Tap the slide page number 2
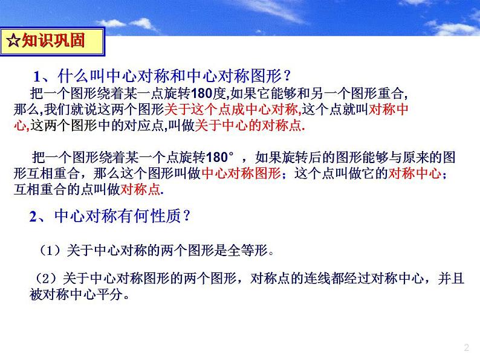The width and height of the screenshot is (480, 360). [x=466, y=347]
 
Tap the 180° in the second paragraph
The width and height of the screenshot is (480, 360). [x=220, y=157]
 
